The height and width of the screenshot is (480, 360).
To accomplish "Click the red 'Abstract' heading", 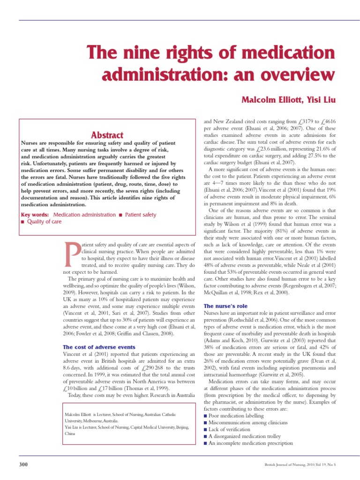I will click(x=107, y=135).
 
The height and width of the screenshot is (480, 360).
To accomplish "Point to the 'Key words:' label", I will click(x=35, y=215).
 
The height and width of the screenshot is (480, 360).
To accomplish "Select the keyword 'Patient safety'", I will click(x=141, y=215).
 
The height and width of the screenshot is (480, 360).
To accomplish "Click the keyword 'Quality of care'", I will click(x=44, y=222).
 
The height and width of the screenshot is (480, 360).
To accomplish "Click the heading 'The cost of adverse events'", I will click(x=99, y=347).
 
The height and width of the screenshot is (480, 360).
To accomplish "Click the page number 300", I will click(x=23, y=464).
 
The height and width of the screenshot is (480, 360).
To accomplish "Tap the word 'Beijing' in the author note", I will click(x=180, y=427).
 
